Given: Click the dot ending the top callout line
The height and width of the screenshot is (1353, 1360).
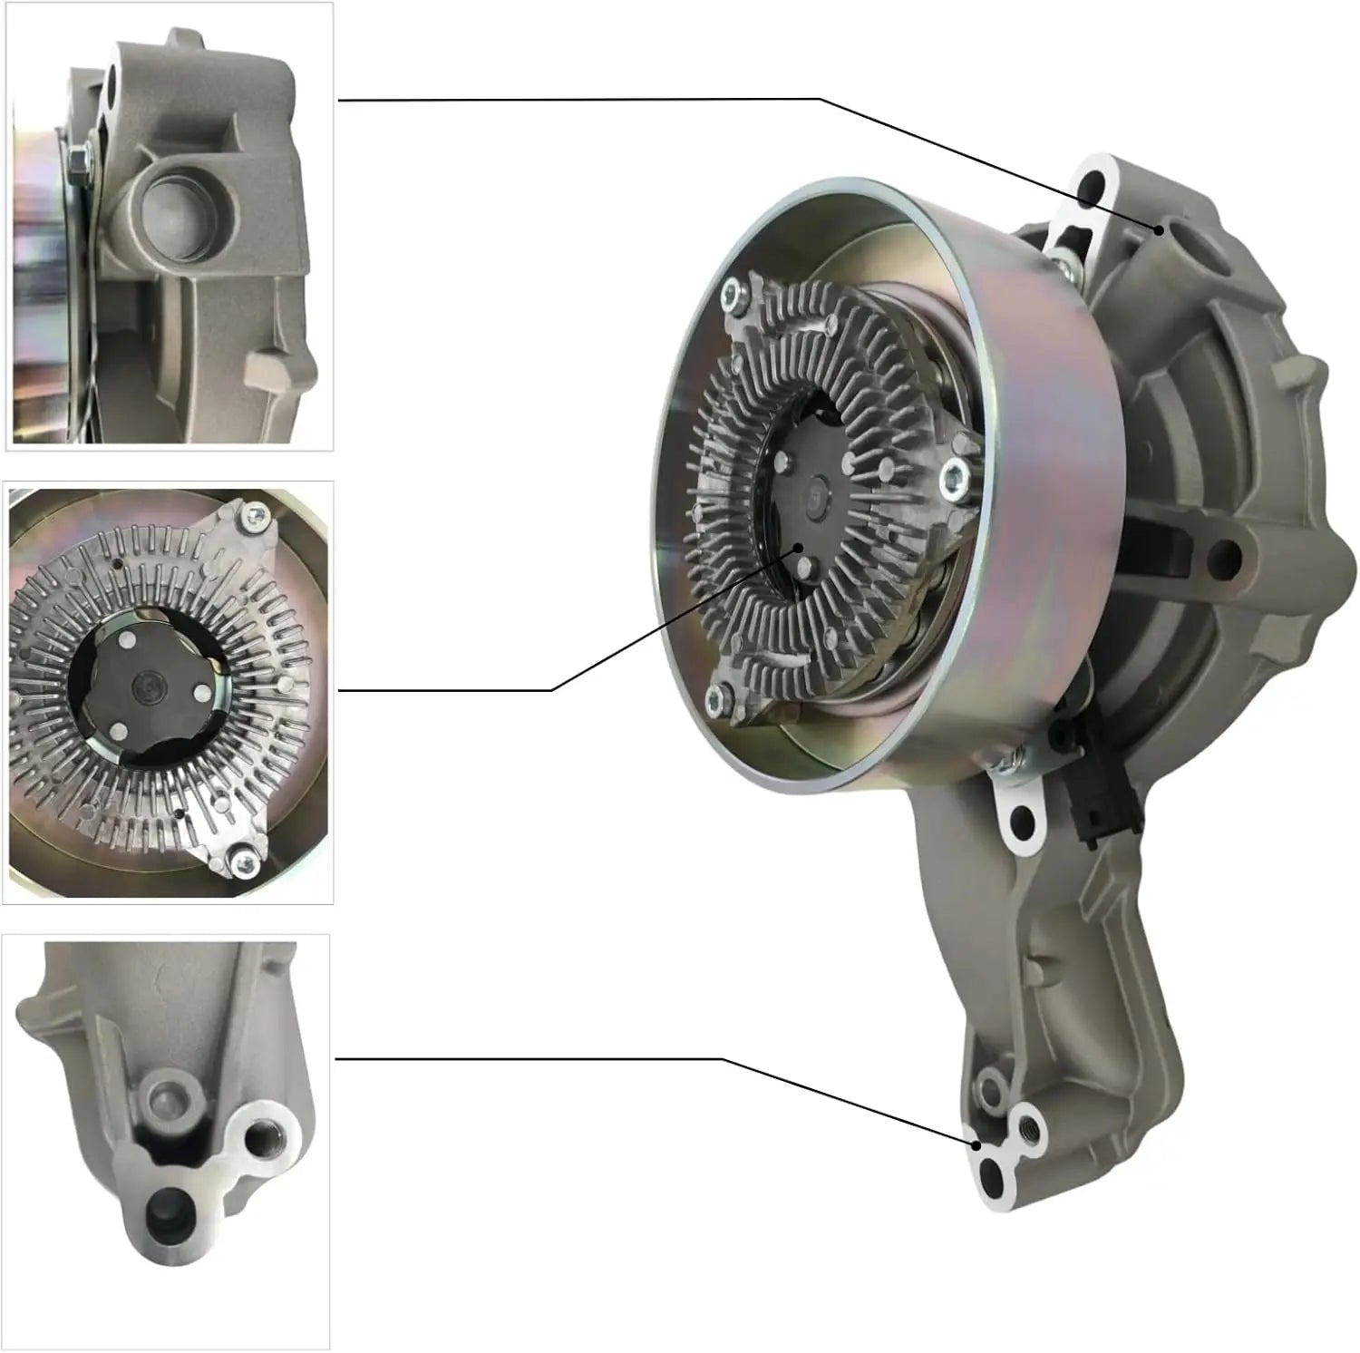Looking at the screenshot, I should pyautogui.click(x=1159, y=229).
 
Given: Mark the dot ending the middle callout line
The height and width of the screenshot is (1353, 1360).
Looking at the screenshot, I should pyautogui.click(x=799, y=548).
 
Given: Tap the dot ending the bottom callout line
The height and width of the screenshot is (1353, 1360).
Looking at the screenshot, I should pyautogui.click(x=976, y=1144).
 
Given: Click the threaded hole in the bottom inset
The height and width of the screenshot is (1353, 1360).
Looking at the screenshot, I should pyautogui.click(x=268, y=1134).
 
